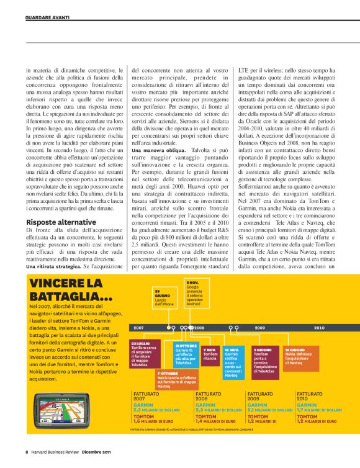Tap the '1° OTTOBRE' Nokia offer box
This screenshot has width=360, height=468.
(x=177, y=380)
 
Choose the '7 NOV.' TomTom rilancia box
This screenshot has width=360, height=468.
(x=211, y=354)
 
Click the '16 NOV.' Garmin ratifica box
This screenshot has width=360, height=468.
(x=234, y=362)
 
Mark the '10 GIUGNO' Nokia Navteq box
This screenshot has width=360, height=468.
(x=298, y=355)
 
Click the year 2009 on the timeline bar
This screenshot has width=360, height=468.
(x=259, y=327)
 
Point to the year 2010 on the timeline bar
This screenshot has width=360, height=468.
(x=320, y=327)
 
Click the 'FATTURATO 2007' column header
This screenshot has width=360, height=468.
(x=146, y=397)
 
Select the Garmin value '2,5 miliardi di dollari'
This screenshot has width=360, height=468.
(x=218, y=410)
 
